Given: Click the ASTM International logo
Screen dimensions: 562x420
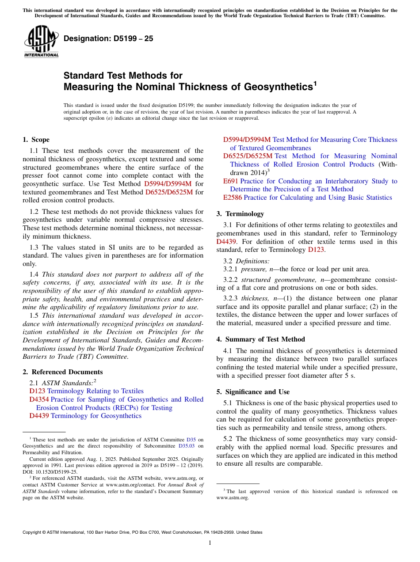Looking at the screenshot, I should [41, 42].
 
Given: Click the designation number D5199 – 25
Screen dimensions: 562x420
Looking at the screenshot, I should [108, 39].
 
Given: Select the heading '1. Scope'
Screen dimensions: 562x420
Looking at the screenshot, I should [36, 140].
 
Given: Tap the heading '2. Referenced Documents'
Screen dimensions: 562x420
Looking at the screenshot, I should [62, 372].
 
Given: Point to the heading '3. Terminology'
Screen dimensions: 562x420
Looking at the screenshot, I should [240, 214].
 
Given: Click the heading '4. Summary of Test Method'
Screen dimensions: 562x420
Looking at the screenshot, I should [260, 339].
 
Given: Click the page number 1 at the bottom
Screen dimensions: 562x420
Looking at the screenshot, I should [210, 543].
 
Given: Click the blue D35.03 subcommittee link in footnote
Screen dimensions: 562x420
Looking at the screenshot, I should [187, 446].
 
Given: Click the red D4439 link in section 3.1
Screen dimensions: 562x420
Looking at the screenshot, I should [226, 242].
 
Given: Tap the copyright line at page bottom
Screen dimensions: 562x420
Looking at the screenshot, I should [142, 532].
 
